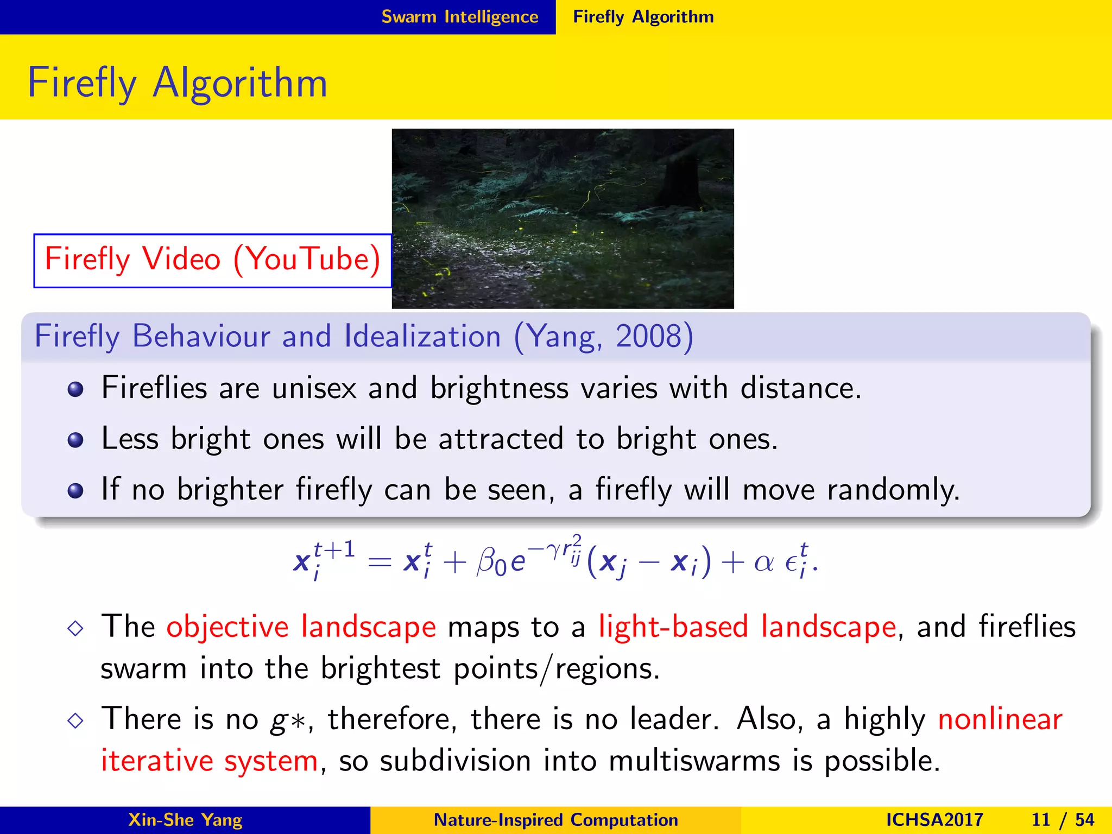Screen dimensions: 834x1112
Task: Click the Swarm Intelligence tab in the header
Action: tap(459, 17)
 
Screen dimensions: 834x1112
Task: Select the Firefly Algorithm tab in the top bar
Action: tap(643, 17)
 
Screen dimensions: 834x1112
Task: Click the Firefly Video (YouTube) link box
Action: tap(212, 260)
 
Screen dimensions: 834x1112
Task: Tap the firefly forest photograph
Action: tap(563, 218)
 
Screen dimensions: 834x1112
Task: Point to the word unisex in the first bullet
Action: tap(314, 388)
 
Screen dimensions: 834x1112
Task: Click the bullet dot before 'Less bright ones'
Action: tap(75, 440)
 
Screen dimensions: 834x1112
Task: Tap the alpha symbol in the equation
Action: tap(763, 563)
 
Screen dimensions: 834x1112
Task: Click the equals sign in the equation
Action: tap(380, 563)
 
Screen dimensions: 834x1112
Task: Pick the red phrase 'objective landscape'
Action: tap(301, 627)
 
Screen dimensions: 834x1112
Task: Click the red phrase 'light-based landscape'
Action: tap(747, 627)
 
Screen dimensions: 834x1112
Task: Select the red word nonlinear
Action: tap(1000, 719)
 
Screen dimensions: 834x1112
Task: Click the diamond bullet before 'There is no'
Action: tap(75, 721)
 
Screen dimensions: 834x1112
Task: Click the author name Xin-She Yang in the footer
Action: tap(185, 819)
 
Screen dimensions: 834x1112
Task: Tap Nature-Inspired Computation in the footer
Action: tap(555, 819)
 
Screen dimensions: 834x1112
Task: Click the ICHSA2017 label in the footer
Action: tap(934, 819)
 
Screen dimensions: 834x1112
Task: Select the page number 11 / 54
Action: tap(1063, 819)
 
